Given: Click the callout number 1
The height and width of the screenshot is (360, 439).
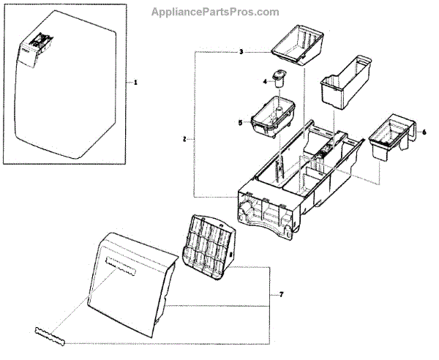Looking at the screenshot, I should [135, 83].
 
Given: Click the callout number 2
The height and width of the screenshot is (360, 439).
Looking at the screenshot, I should [185, 138].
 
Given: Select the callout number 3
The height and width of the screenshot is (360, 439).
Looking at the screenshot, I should [240, 52].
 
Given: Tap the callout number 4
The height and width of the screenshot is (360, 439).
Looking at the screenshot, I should [265, 81].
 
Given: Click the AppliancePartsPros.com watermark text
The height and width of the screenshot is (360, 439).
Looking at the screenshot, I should [214, 12].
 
